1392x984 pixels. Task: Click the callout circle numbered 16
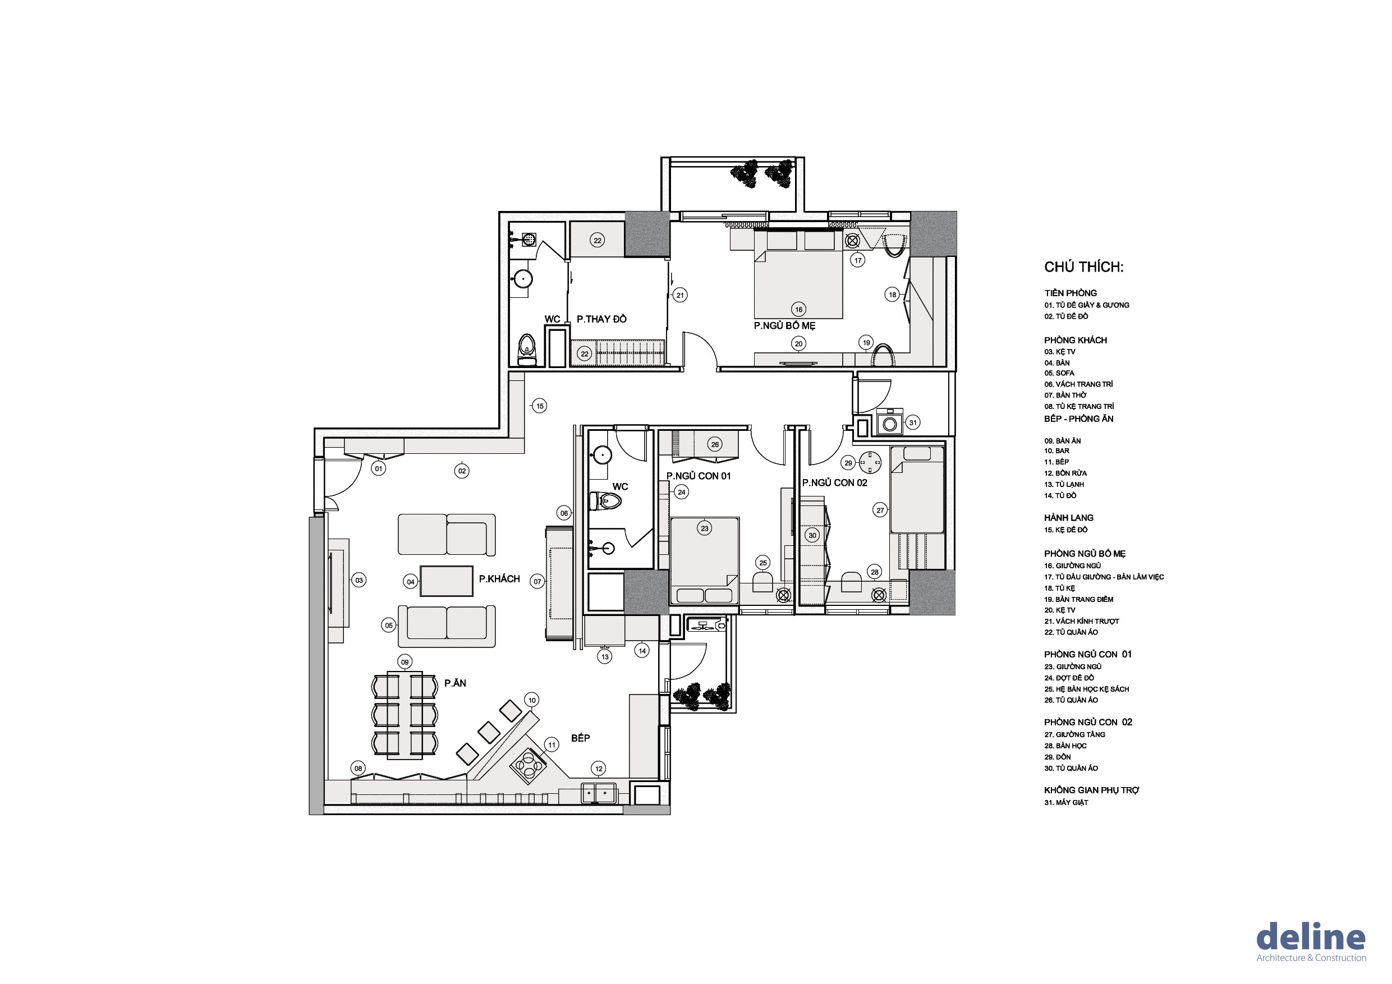coord(798,309)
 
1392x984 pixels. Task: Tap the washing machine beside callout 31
coord(889,422)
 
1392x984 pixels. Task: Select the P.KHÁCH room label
coord(499,579)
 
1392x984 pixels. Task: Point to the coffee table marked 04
coord(446,581)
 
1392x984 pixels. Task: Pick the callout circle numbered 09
coord(405,662)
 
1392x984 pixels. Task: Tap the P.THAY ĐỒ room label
coord(601,319)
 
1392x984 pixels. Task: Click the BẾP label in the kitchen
coord(580,738)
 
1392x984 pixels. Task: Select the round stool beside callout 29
coord(870,463)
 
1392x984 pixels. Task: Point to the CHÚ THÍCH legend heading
coord(1083,267)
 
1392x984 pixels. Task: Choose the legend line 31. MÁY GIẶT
coord(1066,802)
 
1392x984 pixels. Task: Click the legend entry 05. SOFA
coord(1059,373)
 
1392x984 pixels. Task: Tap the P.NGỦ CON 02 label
coord(834,482)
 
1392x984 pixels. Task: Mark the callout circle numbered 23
coord(705,528)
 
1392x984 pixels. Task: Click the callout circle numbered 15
coord(540,406)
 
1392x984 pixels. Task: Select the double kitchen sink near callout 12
coord(599,793)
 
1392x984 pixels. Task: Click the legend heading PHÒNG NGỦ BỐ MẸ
coord(1085,554)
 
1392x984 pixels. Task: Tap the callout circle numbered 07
coord(537,581)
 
